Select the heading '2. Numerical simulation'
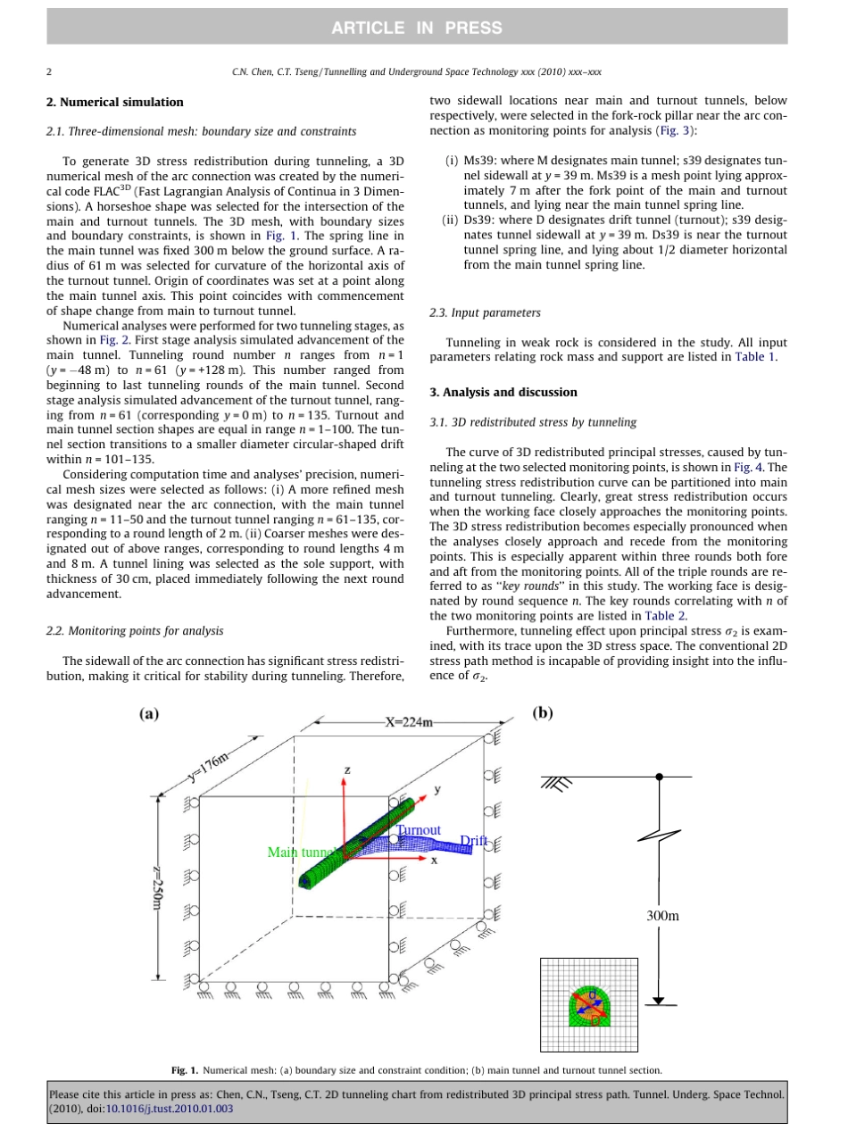pos(114,103)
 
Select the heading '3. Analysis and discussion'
pos(503,392)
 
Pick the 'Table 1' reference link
pos(755,356)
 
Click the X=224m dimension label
pos(408,722)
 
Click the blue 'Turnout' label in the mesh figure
pos(420,830)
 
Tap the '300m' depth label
pos(663,916)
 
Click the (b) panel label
pos(543,713)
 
